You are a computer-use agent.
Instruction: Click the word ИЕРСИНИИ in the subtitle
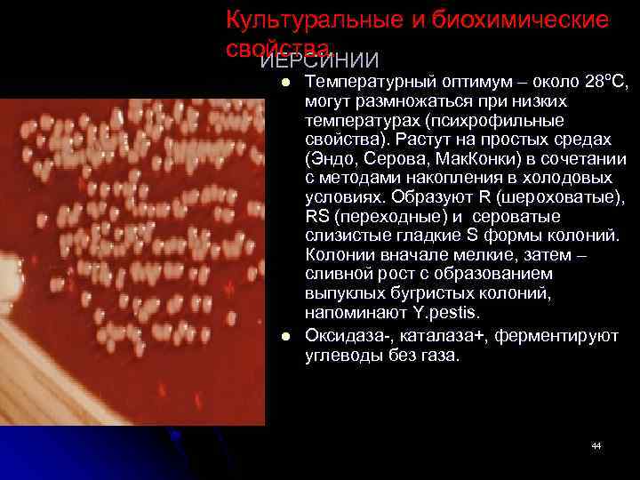(x=319, y=60)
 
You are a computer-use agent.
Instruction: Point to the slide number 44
(x=596, y=445)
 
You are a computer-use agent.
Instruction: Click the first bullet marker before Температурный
(x=286, y=83)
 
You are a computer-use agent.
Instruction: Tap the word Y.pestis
(x=445, y=313)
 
